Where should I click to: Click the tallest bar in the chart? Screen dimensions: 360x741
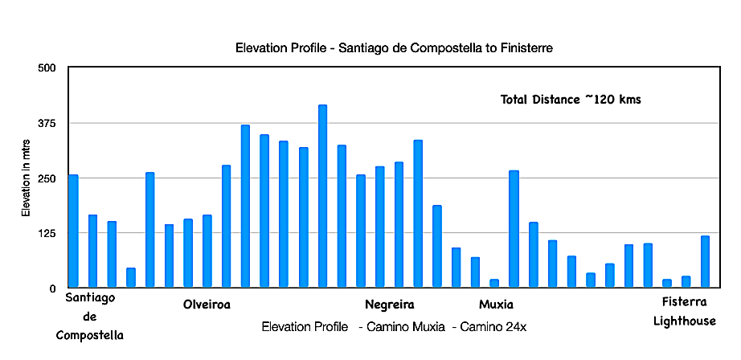(x=323, y=196)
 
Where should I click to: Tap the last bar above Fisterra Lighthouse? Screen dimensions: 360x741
(x=705, y=262)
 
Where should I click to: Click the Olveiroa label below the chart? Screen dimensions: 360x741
(x=207, y=305)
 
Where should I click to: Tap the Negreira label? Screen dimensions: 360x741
(x=390, y=305)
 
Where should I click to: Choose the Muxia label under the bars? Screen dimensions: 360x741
(x=496, y=305)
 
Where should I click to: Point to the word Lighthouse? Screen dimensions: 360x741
(x=685, y=321)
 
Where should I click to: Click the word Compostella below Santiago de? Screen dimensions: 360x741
(x=90, y=334)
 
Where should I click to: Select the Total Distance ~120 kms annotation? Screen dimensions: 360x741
(x=571, y=100)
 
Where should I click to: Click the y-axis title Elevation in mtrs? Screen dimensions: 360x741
(x=26, y=178)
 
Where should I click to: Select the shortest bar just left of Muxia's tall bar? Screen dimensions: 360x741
(x=494, y=283)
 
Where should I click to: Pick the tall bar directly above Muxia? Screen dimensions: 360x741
(x=514, y=229)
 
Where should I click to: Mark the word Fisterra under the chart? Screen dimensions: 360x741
(x=685, y=302)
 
